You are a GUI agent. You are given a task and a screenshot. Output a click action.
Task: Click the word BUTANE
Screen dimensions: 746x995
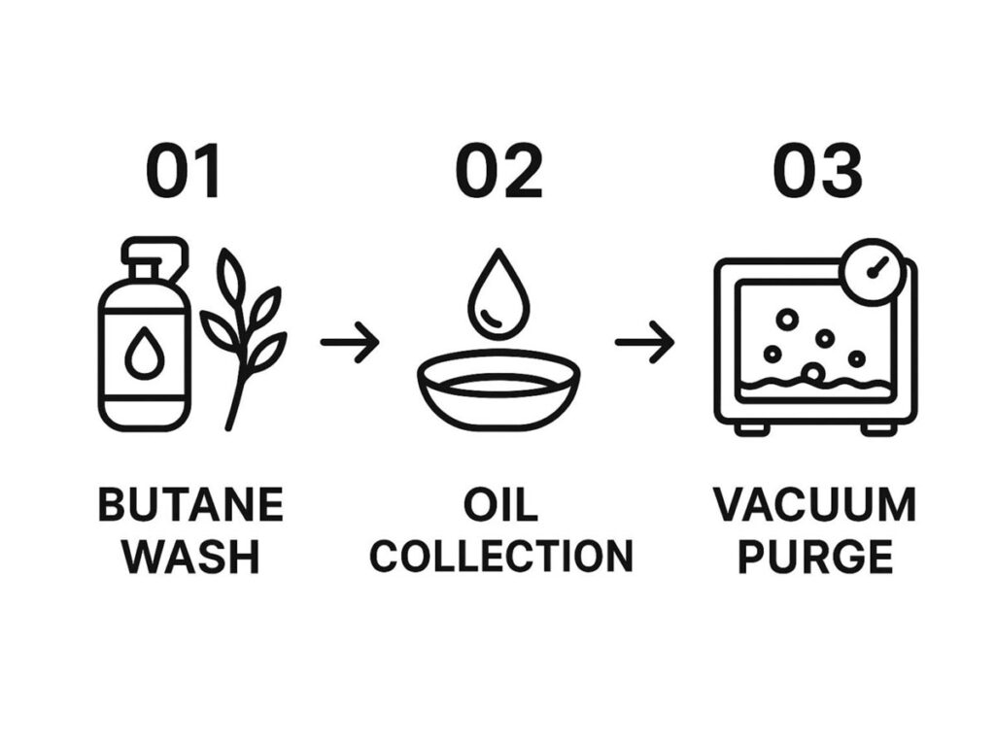(x=191, y=506)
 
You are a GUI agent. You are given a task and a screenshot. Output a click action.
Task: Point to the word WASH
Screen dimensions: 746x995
(x=191, y=557)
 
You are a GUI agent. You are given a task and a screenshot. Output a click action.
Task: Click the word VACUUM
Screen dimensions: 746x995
(x=815, y=506)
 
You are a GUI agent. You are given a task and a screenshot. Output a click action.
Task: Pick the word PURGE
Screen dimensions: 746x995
(x=815, y=557)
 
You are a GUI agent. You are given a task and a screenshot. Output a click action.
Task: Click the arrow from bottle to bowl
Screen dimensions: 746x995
(x=349, y=342)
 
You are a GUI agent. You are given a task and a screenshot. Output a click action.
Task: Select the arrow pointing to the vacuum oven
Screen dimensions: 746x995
(x=644, y=342)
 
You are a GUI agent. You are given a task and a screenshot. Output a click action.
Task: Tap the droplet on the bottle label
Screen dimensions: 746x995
(x=144, y=356)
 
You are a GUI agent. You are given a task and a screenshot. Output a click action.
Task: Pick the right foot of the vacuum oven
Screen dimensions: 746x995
(x=878, y=427)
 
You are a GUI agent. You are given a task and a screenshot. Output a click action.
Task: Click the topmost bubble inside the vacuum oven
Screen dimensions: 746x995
(x=786, y=319)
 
